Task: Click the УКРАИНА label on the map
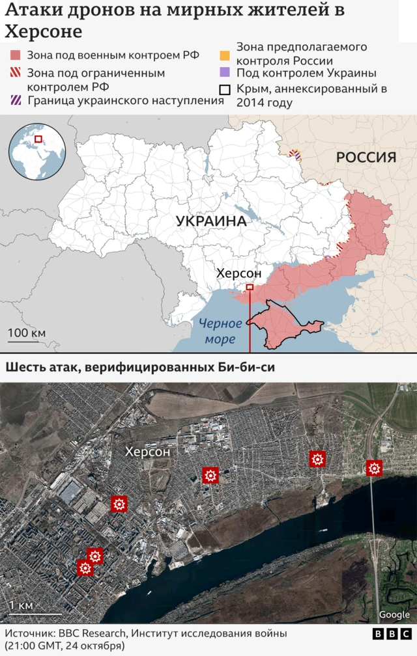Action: pyautogui.click(x=211, y=221)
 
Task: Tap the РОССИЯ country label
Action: pyautogui.click(x=366, y=157)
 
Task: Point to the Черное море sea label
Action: pyautogui.click(x=220, y=331)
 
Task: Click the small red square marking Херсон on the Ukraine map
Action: pyautogui.click(x=250, y=287)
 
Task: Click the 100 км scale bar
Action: pyautogui.click(x=27, y=340)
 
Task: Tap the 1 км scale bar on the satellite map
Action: pyautogui.click(x=35, y=613)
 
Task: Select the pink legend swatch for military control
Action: pyautogui.click(x=16, y=55)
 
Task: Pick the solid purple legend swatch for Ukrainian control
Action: pyautogui.click(x=225, y=74)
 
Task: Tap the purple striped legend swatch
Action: pyautogui.click(x=16, y=100)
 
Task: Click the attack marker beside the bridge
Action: pyautogui.click(x=374, y=468)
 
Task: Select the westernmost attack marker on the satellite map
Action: pyautogui.click(x=85, y=568)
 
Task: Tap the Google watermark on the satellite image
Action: pyautogui.click(x=394, y=615)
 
